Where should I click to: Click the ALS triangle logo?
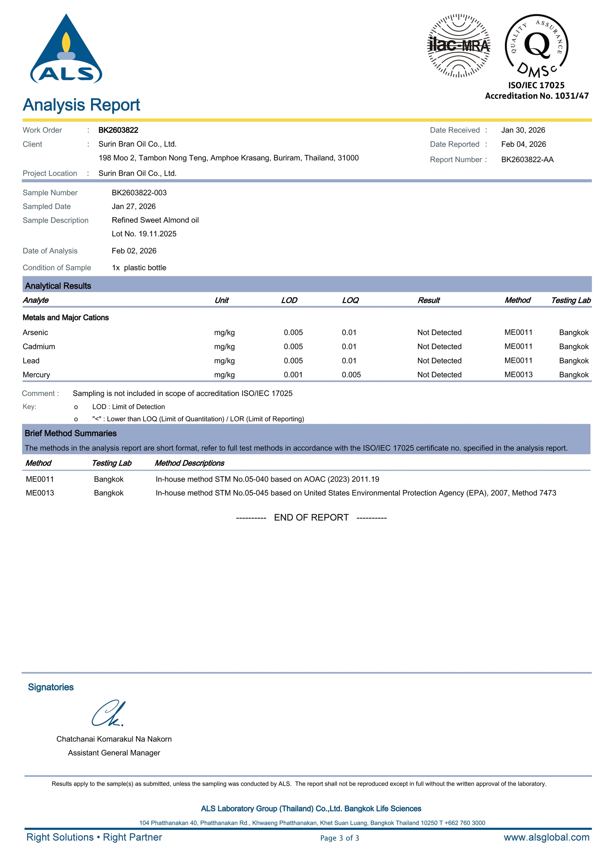pos(66,50)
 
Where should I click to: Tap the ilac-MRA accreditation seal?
pos(458,46)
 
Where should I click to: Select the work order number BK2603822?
pos(118,130)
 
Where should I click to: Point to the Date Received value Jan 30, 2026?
pos(523,130)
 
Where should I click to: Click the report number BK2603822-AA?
pos(527,160)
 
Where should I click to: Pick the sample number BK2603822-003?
pos(139,192)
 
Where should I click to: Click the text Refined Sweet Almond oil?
pos(155,220)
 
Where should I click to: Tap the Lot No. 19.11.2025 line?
pos(144,234)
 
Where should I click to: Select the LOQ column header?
pos(350,300)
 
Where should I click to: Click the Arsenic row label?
pos(35,332)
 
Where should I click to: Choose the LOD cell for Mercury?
pos(293,375)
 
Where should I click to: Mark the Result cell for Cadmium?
pos(439,347)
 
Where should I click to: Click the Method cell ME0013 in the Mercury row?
pos(518,375)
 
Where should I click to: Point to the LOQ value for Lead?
pos(349,361)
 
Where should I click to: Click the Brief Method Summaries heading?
pos(71,433)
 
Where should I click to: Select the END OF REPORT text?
pos(311,518)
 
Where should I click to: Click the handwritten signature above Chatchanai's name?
pos(108,713)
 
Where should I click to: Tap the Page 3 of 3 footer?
pos(339,838)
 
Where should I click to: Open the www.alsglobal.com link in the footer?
pos(546,837)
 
